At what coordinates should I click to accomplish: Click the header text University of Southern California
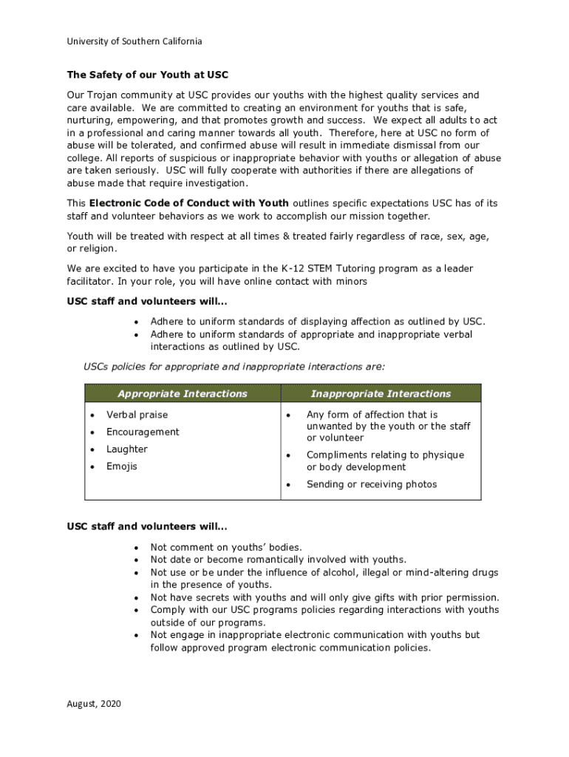point(134,41)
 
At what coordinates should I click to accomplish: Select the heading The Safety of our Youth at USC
point(148,75)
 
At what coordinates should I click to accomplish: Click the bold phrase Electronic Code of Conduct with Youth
point(189,203)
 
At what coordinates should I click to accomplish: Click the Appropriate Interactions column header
point(183,394)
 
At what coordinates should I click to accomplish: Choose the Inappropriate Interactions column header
point(381,394)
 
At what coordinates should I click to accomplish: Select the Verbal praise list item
point(137,415)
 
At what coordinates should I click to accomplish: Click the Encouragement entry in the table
point(143,432)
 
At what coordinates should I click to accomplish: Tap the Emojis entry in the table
point(121,466)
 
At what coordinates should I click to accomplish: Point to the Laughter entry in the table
point(127,449)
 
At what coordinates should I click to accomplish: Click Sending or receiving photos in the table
point(372,484)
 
